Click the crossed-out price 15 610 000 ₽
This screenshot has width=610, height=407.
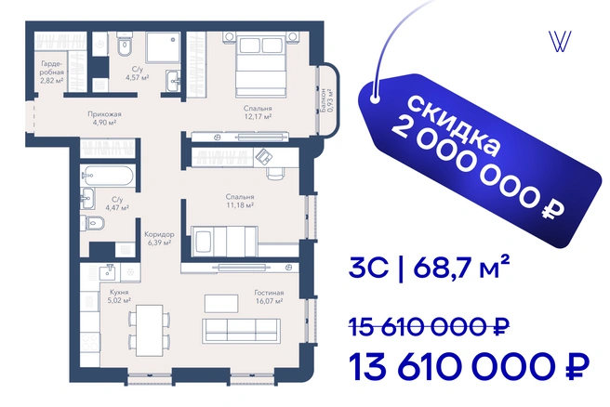tap(429, 327)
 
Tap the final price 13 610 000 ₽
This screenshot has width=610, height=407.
tap(469, 366)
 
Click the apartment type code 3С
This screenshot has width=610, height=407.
tap(368, 268)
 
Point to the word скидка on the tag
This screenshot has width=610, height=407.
tap(454, 125)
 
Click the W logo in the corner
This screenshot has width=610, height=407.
tap(560, 42)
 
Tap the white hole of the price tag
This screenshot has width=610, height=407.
tap(375, 98)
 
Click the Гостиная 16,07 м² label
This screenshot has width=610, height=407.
tap(269, 296)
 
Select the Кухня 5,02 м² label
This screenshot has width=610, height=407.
tap(119, 295)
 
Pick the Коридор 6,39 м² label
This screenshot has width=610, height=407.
tap(159, 238)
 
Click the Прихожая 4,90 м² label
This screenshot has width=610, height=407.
tap(104, 118)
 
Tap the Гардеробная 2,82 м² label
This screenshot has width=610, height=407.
tap(52, 72)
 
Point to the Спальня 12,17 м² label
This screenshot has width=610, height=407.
tap(258, 112)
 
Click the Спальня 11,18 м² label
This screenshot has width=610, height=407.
tap(240, 201)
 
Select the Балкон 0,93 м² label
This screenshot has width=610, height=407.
tap(326, 100)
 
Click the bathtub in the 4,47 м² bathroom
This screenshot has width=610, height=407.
tap(108, 177)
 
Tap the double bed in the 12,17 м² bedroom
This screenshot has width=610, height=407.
tap(260, 64)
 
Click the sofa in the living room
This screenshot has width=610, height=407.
tap(241, 331)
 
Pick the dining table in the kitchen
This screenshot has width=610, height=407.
tap(149, 331)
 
